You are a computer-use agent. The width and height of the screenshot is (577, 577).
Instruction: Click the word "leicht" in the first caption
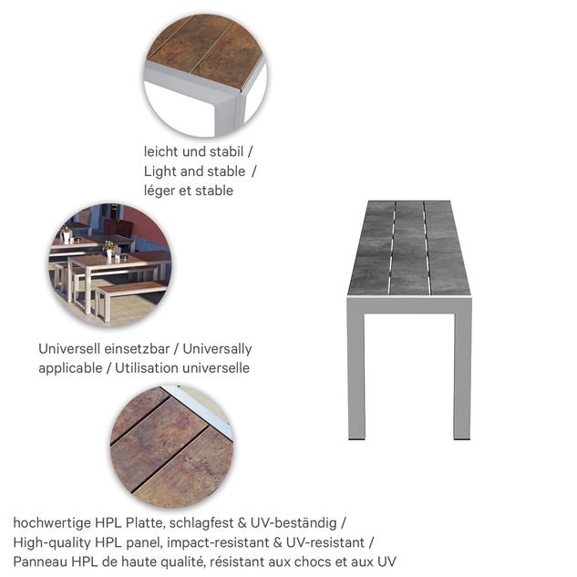tap(160, 151)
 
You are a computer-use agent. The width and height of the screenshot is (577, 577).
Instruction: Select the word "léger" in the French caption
tap(160, 191)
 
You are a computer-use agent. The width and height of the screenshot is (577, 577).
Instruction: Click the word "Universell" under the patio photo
tap(67, 348)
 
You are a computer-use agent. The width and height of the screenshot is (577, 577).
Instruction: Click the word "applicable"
tap(70, 368)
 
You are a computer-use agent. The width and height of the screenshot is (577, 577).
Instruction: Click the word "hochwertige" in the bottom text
tap(52, 523)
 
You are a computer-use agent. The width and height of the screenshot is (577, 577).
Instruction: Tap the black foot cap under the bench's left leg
tap(356, 438)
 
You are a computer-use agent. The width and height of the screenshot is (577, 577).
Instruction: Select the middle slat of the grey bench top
tap(409, 247)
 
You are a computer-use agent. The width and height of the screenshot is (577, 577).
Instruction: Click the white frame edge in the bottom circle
tap(203, 408)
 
